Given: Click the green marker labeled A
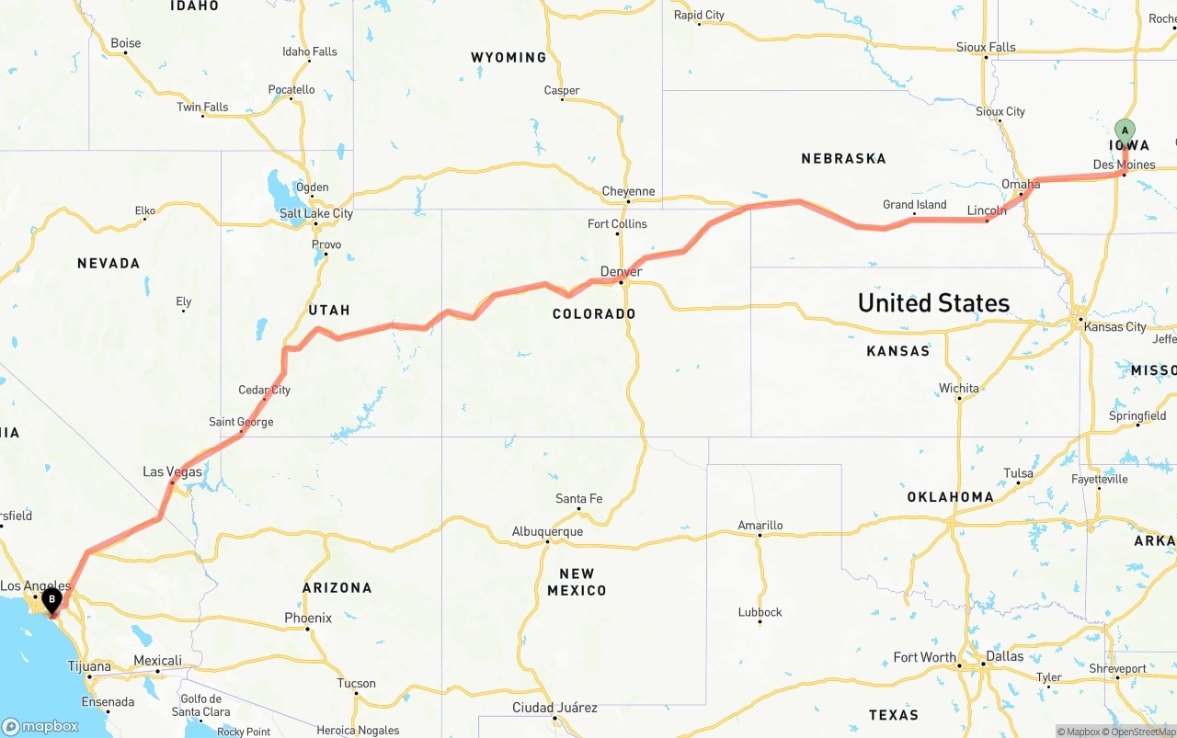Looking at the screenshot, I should coord(1125,131).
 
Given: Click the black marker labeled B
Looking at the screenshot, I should coord(52,600).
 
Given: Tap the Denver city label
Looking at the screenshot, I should coord(621,271).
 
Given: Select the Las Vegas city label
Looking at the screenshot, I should coord(172,471).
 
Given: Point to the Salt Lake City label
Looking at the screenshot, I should coord(316,213).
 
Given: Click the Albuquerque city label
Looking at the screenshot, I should coord(547,531).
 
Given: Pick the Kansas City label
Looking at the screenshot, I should coord(1115,326).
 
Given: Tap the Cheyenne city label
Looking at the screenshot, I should coord(629,191).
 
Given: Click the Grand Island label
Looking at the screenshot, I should coord(915,205).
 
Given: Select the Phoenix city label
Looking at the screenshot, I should coord(308,618).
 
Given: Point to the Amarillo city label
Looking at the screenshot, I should coord(760,525).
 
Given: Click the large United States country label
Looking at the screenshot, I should coord(933,302).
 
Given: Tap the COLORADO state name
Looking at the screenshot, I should coord(594,313).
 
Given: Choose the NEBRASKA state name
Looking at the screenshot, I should coord(843,158).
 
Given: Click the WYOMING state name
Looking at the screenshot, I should coord(509,57).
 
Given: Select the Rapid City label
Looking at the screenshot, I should coord(699,15).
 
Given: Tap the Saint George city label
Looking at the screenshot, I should coord(241,422).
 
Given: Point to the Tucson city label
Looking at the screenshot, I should coord(356,683).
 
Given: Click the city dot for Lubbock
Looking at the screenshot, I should coord(760,622).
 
